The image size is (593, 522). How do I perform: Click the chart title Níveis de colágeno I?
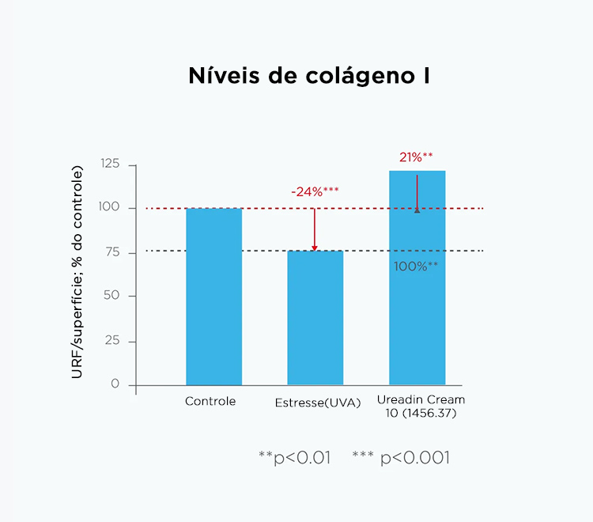(x=309, y=76)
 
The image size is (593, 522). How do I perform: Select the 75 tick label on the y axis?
(x=112, y=252)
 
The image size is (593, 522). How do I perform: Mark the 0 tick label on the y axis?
(x=115, y=384)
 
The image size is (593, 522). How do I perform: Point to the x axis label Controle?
(x=210, y=402)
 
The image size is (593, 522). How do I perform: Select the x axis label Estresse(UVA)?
(x=317, y=403)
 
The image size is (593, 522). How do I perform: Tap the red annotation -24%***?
(x=315, y=192)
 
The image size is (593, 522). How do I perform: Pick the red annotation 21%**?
(x=416, y=157)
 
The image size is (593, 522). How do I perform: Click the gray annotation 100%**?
(x=416, y=267)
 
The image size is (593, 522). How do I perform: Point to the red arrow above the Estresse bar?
(x=315, y=229)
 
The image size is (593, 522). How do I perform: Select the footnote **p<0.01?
(x=294, y=458)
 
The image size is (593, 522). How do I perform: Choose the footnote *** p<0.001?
(x=401, y=458)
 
